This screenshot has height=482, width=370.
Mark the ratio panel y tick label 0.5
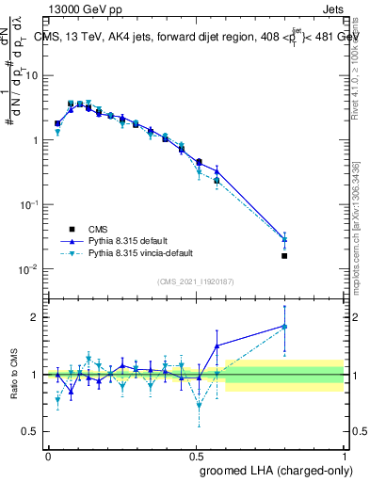(x=32, y=431)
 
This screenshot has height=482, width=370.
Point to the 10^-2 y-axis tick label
(x=28, y=269)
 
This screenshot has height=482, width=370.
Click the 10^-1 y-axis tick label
(x=28, y=204)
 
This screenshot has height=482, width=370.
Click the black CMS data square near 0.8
(x=284, y=255)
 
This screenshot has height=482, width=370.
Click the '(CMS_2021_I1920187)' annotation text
(x=196, y=281)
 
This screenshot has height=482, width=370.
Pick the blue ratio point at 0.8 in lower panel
(x=284, y=326)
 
